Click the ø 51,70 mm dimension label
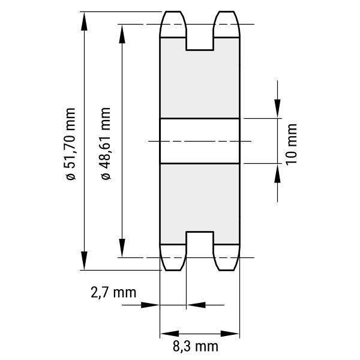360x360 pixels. tap(70, 144)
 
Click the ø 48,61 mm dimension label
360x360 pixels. tap(106, 143)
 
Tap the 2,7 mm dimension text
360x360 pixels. tap(113, 293)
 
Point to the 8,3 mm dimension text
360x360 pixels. tap(196, 346)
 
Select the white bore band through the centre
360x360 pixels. tap(200, 141)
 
